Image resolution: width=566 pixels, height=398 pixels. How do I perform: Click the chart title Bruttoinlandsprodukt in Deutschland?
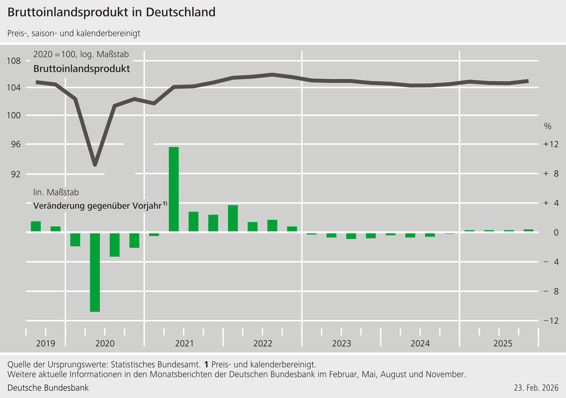point(111,12)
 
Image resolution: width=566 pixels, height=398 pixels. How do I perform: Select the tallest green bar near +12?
point(174,189)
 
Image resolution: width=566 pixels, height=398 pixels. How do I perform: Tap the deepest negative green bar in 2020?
point(95,272)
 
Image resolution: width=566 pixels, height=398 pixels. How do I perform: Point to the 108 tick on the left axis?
point(14,61)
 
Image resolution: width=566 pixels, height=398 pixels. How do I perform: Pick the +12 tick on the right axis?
point(551,144)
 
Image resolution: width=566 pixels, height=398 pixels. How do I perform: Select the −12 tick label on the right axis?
point(551,321)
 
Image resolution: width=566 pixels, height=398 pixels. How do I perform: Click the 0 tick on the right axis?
point(556,232)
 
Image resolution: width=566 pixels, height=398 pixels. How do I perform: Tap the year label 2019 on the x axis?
point(46,344)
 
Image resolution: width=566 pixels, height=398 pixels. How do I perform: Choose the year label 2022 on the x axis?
point(263,344)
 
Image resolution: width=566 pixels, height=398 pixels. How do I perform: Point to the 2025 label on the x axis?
point(503,344)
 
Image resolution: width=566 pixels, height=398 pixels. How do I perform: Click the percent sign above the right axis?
point(548,126)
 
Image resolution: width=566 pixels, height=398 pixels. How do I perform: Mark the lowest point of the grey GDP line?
point(95,165)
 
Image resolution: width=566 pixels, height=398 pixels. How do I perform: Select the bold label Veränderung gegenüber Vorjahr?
point(98,206)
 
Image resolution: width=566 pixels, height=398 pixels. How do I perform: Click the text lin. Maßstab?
point(56,192)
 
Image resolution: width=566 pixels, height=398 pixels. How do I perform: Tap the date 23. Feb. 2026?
point(536,388)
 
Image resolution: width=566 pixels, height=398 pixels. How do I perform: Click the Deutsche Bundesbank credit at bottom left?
point(48,388)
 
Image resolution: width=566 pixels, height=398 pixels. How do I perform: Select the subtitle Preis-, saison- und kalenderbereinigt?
point(74,33)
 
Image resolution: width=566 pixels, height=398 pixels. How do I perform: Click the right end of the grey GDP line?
point(527,81)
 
